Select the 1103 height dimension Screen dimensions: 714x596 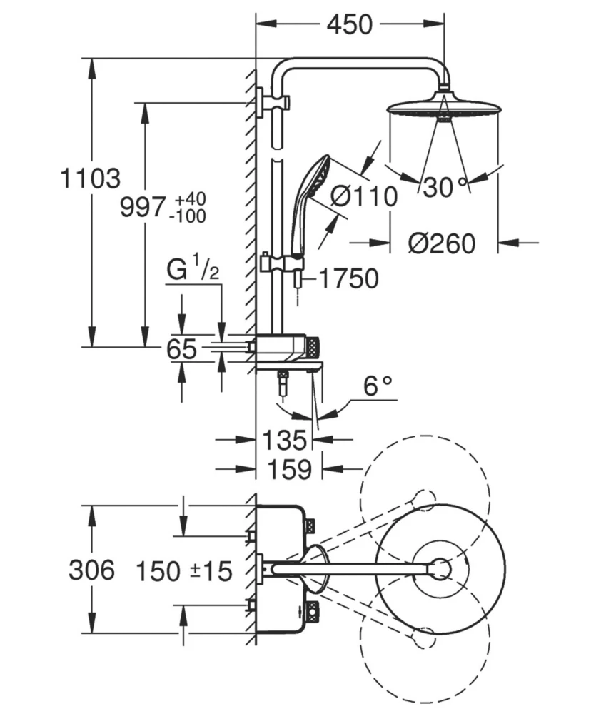[89, 178]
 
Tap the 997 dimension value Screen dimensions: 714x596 [143, 208]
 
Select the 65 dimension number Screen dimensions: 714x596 [181, 350]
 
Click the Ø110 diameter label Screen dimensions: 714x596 [363, 195]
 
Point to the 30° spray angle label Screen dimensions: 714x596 [443, 187]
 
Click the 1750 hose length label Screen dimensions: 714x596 [348, 279]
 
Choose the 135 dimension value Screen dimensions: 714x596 [283, 438]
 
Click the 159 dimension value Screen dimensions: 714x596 [288, 469]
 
